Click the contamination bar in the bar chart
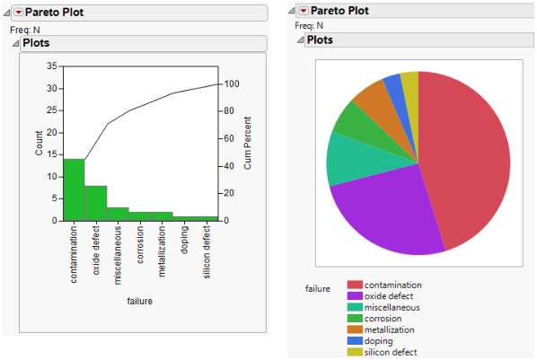pyautogui.click(x=74, y=189)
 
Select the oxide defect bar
pyautogui.click(x=96, y=203)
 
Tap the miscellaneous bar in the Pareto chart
pyautogui.click(x=118, y=214)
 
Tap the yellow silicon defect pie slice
pyautogui.click(x=410, y=83)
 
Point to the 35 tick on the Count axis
pyautogui.click(x=51, y=66)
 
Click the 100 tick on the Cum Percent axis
pyautogui.click(x=230, y=83)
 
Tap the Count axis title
pyautogui.click(x=39, y=144)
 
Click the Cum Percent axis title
pyautogui.click(x=247, y=144)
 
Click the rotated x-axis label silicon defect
pyautogui.click(x=207, y=256)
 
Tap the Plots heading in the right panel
pyautogui.click(x=321, y=40)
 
